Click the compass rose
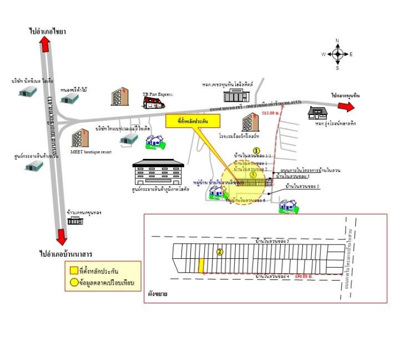337,54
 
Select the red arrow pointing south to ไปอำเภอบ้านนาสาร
62,236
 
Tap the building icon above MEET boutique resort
80,138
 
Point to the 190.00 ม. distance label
304,276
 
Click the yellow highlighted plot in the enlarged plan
201,266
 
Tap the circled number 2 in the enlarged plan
220,252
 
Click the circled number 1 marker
256,150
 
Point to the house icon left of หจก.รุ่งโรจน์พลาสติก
318,113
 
